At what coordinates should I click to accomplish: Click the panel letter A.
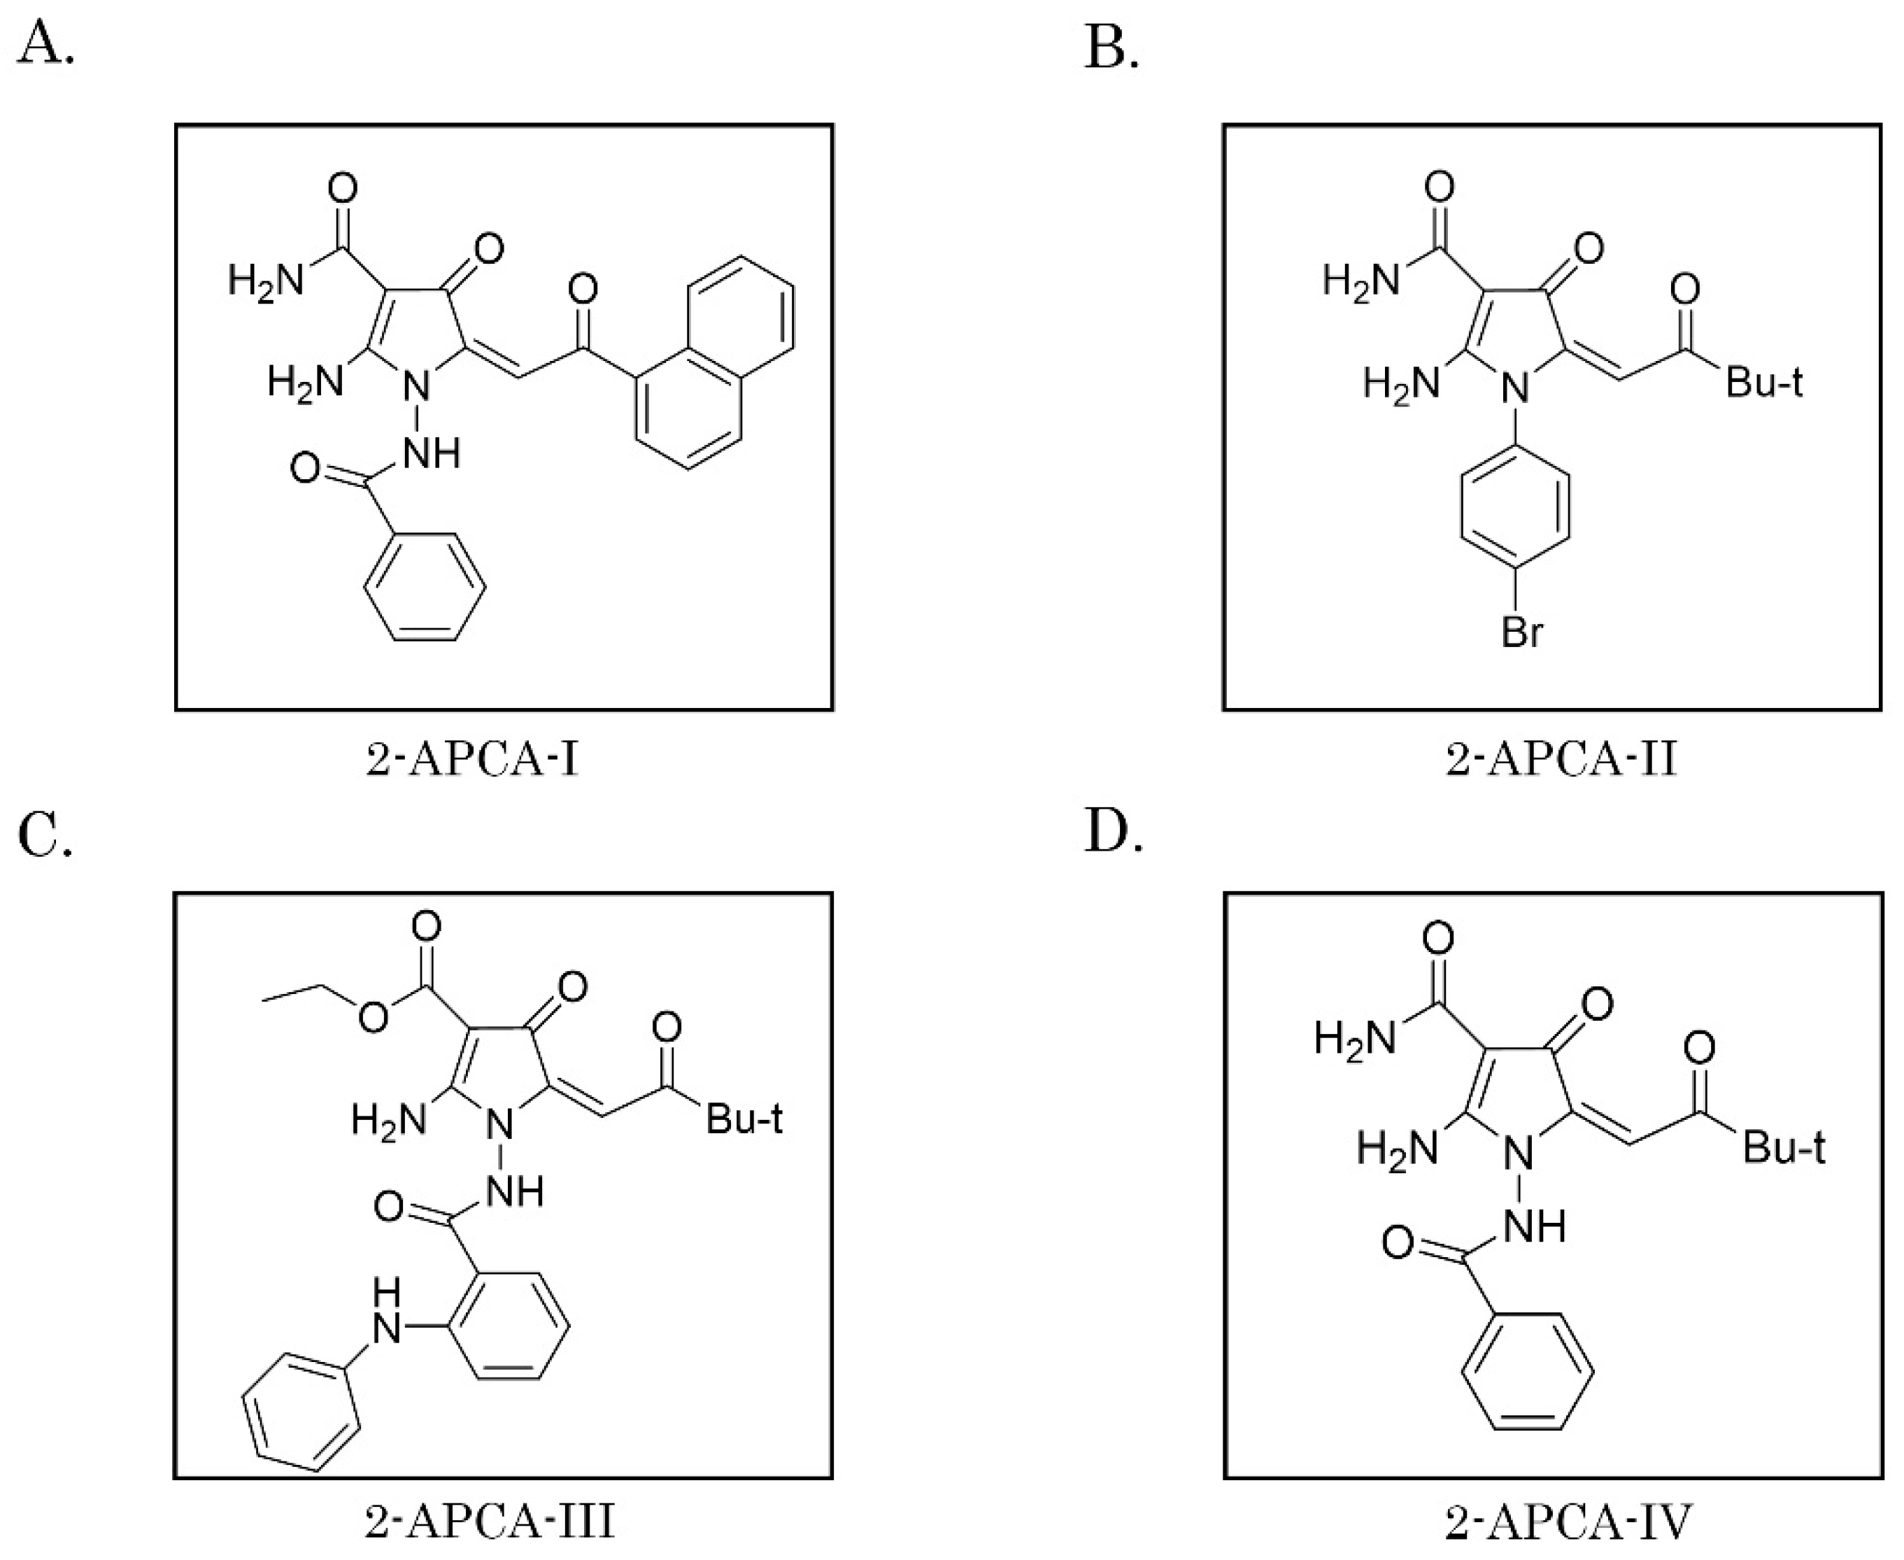[x=45, y=45]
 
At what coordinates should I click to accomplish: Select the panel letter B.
[x=1111, y=47]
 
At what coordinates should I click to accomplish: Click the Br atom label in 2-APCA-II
[x=1522, y=632]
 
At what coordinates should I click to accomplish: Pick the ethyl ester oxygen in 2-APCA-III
[x=372, y=1016]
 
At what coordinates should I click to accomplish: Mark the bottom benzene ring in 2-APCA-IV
[x=1528, y=1373]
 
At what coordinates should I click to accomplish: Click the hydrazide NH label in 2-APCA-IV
[x=1537, y=1226]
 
